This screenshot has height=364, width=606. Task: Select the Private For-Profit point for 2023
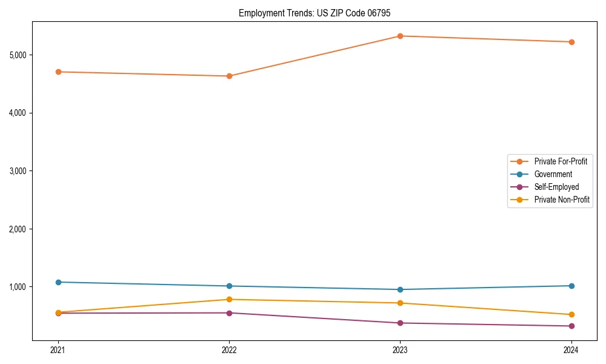point(400,36)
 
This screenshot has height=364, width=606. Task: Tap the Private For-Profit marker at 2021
point(58,72)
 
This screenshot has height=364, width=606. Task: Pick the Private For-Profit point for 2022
point(229,76)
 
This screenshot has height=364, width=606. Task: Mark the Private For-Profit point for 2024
point(571,42)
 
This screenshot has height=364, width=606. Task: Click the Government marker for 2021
point(58,282)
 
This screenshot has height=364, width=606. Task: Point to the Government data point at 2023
point(400,289)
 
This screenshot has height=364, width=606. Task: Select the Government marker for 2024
point(571,286)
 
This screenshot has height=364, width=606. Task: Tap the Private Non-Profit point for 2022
point(229,299)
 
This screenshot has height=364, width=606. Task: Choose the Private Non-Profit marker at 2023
point(400,303)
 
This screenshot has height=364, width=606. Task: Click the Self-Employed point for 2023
point(400,323)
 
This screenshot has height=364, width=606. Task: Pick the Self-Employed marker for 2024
point(571,326)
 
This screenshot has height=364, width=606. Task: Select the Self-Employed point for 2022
point(229,313)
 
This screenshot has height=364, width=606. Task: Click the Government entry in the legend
point(553,174)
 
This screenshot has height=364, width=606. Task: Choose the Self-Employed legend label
point(556,187)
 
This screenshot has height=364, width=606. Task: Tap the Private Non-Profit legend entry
point(562,200)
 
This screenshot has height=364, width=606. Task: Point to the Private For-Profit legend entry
point(561,161)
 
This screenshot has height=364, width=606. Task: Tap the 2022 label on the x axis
point(229,349)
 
